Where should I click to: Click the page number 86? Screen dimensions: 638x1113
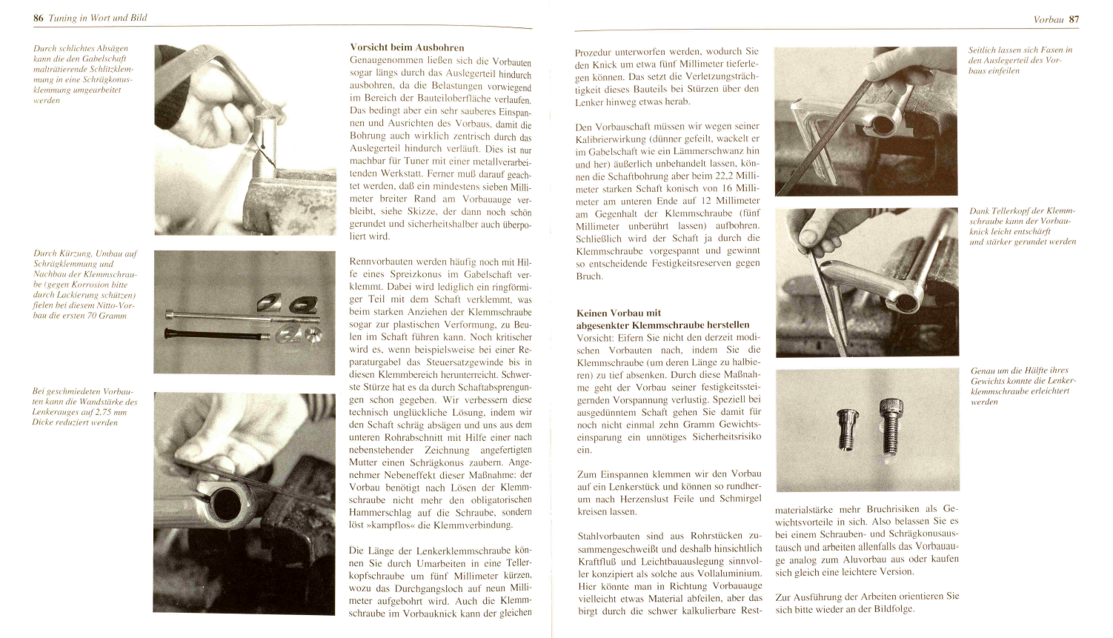[x=39, y=18]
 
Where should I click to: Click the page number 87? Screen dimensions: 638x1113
[x=1074, y=19]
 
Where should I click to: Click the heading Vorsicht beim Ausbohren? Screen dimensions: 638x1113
[x=407, y=47]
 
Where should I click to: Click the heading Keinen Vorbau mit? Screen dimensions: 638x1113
[x=619, y=313]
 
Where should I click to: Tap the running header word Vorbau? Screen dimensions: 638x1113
[x=1048, y=19]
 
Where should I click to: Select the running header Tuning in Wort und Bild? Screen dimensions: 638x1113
[x=98, y=18]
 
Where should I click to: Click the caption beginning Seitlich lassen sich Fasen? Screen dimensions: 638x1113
[x=1020, y=60]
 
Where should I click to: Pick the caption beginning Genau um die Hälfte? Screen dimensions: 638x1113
[x=1023, y=385]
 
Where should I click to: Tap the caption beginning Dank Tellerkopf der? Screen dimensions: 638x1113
[x=1022, y=226]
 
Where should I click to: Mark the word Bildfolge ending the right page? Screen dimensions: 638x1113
[x=893, y=609]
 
